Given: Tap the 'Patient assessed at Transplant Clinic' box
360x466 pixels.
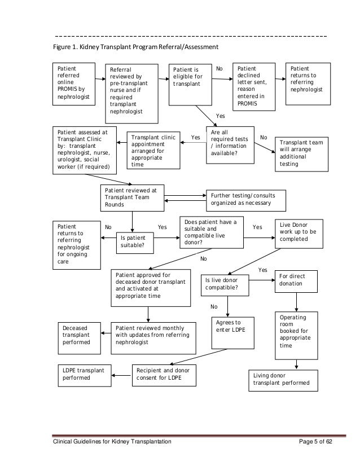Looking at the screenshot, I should point(85,151).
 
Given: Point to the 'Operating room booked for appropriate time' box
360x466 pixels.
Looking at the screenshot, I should point(296,335).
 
